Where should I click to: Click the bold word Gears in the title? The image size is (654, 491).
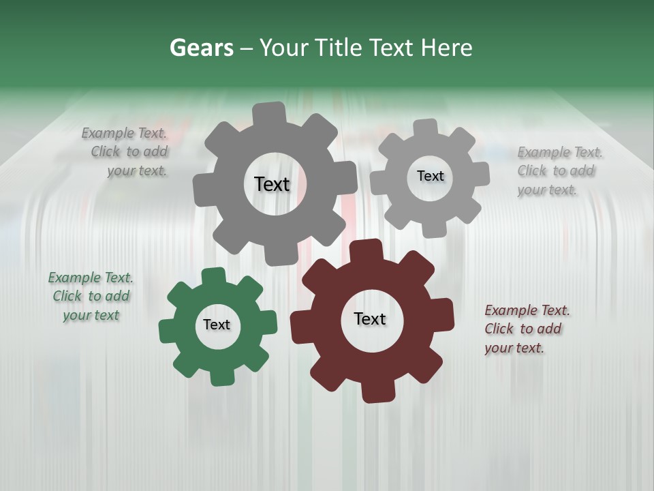click(201, 48)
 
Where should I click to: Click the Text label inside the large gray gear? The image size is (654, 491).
click(272, 184)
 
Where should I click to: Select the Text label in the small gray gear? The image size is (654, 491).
click(430, 176)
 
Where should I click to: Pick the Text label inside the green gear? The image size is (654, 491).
click(217, 325)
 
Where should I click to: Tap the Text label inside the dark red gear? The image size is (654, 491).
click(370, 318)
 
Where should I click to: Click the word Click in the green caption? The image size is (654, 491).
click(67, 297)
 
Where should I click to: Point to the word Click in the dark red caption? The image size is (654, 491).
click(499, 329)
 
